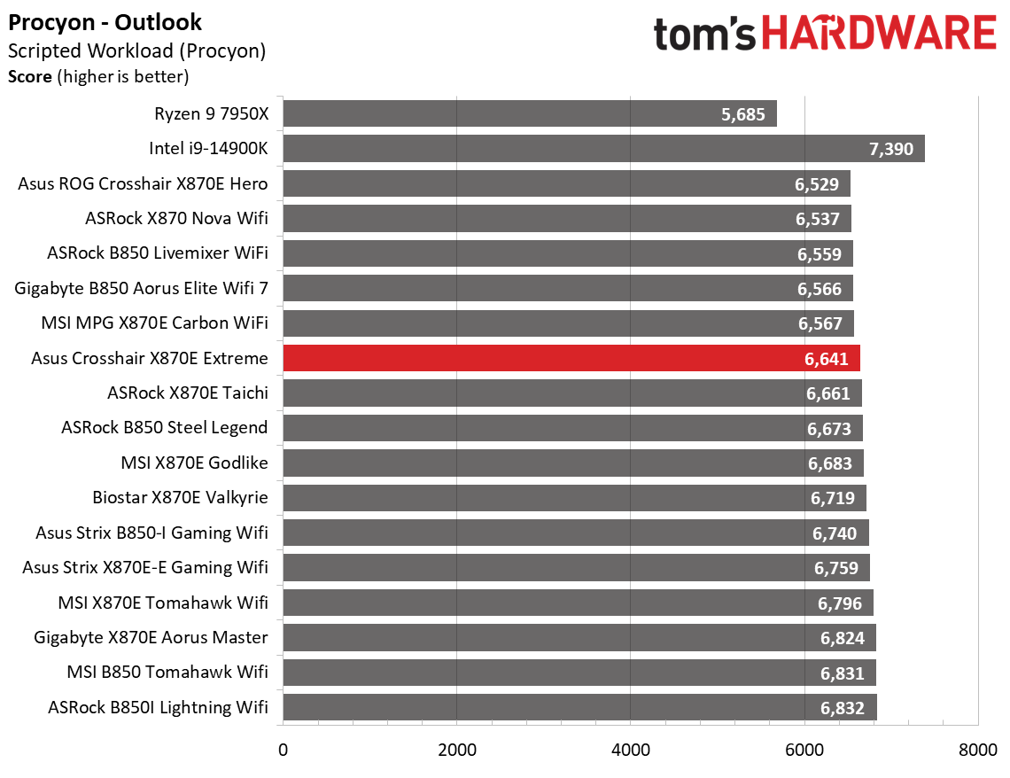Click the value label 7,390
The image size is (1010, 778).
pyautogui.click(x=891, y=149)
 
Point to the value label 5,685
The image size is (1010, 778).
pyautogui.click(x=743, y=114)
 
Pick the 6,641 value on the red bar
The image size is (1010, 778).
pyautogui.click(x=827, y=359)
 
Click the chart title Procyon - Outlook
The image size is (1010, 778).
pyautogui.click(x=105, y=22)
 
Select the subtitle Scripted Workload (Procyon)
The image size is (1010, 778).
pyautogui.click(x=136, y=51)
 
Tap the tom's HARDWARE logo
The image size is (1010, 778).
pyautogui.click(x=825, y=34)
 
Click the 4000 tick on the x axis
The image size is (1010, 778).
pyautogui.click(x=630, y=750)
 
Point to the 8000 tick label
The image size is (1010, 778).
pyautogui.click(x=977, y=750)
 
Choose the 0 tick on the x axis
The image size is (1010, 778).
pyautogui.click(x=283, y=750)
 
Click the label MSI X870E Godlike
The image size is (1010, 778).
pyautogui.click(x=194, y=463)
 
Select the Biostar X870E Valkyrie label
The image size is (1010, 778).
pyautogui.click(x=180, y=497)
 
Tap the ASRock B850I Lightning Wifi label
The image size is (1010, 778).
pyautogui.click(x=158, y=707)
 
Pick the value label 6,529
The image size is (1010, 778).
pyautogui.click(x=818, y=184)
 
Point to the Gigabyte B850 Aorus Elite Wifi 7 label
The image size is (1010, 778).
pyautogui.click(x=142, y=288)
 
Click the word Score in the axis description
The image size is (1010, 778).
pyautogui.click(x=30, y=77)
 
